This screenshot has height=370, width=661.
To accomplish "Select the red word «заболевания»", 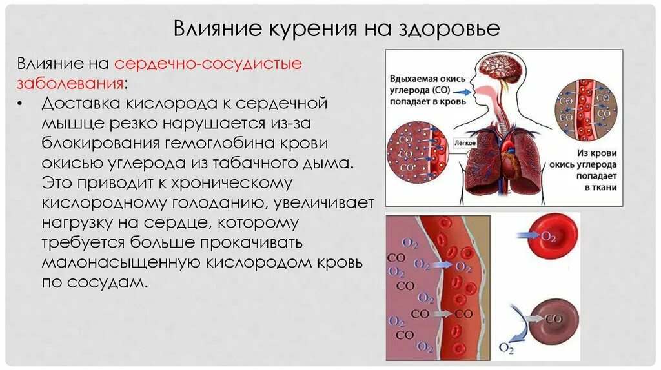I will (x=70, y=84).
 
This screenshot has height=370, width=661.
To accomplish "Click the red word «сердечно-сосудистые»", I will (x=208, y=64).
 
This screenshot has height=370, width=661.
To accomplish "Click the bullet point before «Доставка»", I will (x=23, y=104).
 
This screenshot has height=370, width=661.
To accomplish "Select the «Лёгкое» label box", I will (x=465, y=142).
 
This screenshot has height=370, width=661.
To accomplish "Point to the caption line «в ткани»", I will (x=600, y=187).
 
